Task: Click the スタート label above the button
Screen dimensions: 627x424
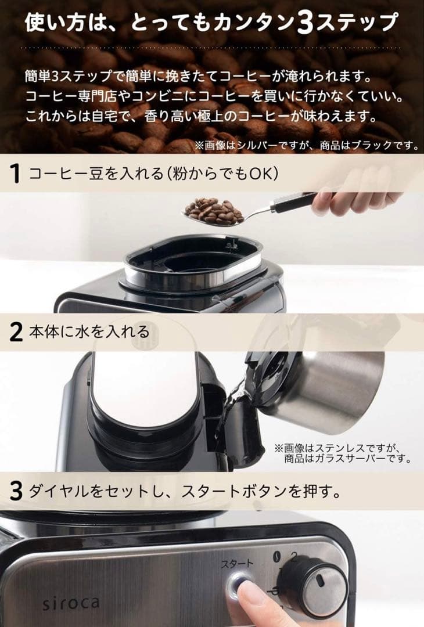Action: (236, 563)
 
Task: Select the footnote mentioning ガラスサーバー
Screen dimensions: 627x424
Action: (343, 453)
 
